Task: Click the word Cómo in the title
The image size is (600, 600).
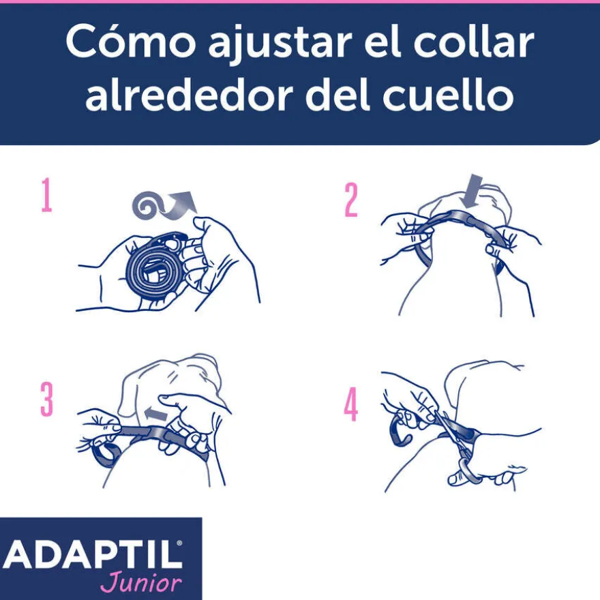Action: point(131,42)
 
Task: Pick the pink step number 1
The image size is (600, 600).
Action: point(46,194)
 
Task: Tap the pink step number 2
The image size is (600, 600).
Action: point(351,199)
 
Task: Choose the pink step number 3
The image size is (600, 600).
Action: point(46,399)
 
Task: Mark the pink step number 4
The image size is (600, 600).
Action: point(351,404)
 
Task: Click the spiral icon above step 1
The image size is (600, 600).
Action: point(147,205)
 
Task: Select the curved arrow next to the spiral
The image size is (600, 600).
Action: point(180,206)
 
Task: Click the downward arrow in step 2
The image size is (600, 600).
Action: point(472,192)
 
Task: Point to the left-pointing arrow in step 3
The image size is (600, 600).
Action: point(156,415)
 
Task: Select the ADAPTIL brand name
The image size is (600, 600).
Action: point(92,555)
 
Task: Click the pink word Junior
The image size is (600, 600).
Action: point(141,583)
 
